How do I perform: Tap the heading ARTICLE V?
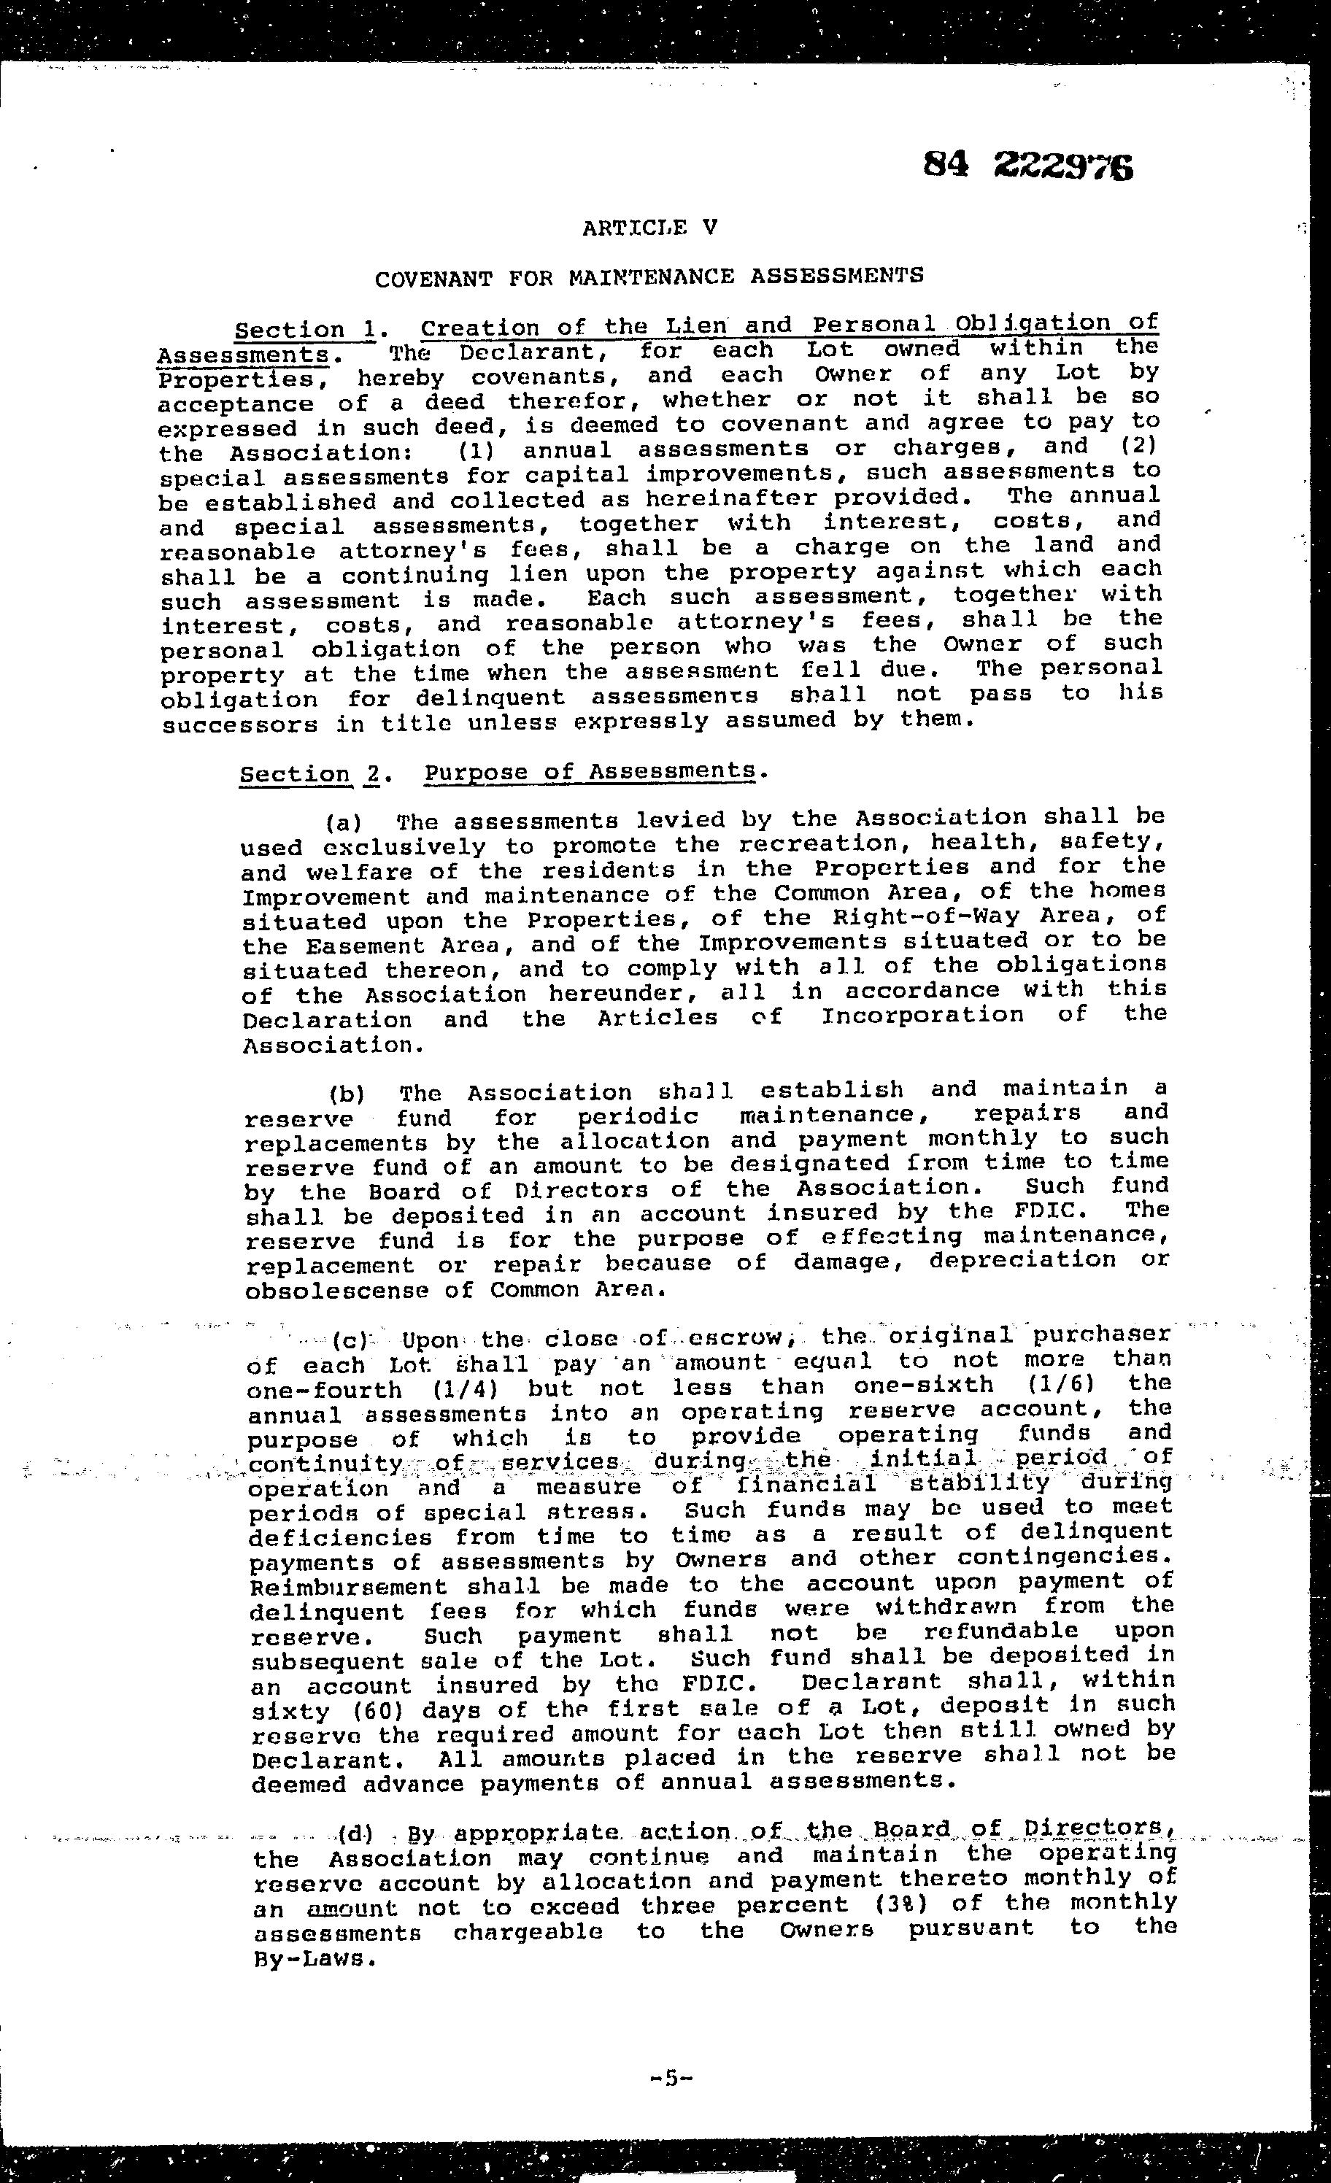pos(649,228)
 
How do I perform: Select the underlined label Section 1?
pos(306,331)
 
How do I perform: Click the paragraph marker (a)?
pos(342,823)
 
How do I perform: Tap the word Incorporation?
pos(922,1016)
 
